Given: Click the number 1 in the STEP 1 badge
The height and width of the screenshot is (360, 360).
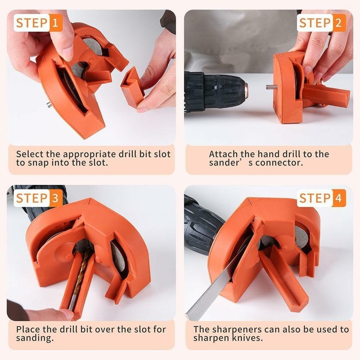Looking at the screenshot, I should point(55,22).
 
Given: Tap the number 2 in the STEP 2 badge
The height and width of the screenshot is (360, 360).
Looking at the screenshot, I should point(338,22).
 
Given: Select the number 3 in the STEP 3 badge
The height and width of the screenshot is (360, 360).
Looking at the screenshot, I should point(55,198).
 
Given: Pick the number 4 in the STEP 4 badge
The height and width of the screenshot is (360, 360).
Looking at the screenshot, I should point(338,198).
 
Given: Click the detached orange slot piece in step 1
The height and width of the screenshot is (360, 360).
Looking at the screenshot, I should point(132,88).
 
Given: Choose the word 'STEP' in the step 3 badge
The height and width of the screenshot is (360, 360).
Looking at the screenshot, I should point(31,198).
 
